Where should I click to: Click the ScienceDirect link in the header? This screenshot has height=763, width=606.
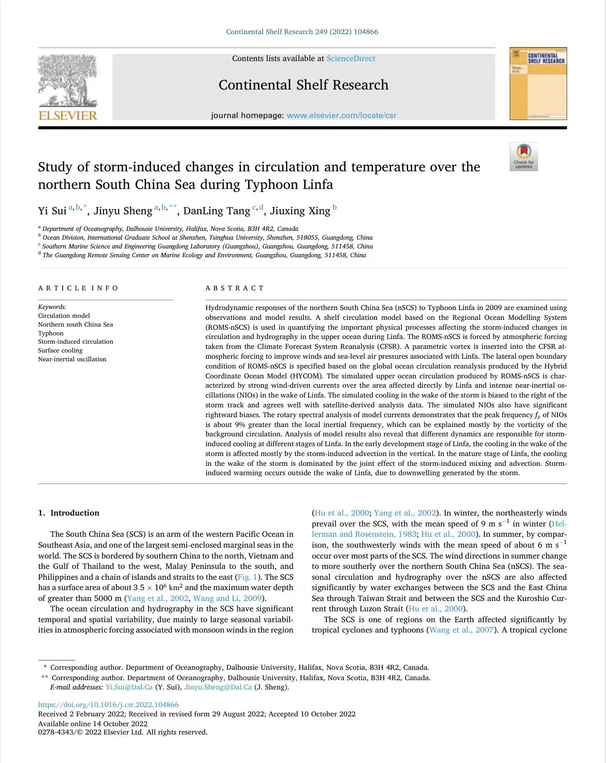[351, 58]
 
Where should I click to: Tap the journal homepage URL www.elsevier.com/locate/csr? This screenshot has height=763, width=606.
[341, 115]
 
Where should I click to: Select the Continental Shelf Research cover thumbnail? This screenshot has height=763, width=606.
[538, 83]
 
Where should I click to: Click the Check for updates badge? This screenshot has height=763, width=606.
[524, 156]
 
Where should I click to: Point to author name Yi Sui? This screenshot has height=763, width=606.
[52, 211]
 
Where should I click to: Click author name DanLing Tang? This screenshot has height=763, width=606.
[217, 211]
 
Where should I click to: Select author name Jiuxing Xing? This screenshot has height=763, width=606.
[300, 211]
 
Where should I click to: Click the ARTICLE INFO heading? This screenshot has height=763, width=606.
[78, 288]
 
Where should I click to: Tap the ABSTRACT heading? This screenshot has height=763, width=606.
[235, 288]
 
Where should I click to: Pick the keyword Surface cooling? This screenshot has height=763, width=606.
[60, 350]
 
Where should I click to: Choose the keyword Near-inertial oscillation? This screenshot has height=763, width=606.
[72, 359]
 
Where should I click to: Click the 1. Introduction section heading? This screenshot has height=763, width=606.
[69, 513]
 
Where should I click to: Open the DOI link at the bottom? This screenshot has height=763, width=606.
[108, 705]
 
